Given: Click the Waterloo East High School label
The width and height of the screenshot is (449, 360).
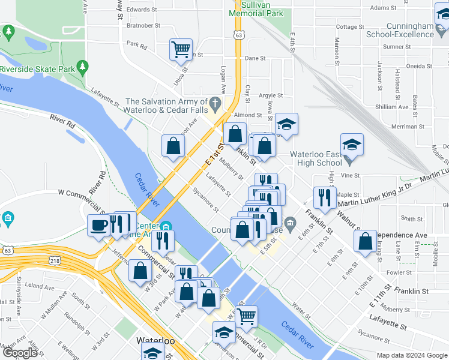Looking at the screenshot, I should [316, 158].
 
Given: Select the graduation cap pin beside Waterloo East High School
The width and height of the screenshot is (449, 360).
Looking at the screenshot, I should [352, 144].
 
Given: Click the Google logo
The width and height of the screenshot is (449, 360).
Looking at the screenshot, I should [20, 353].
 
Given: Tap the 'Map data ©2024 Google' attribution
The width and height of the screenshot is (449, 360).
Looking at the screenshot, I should [411, 355].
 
